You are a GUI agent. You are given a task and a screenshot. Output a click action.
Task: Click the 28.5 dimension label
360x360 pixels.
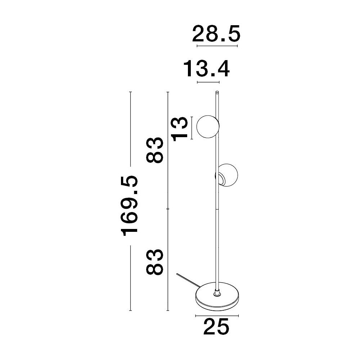pyautogui.click(x=216, y=33)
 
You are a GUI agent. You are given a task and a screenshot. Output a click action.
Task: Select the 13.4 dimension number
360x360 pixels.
pyautogui.click(x=207, y=68)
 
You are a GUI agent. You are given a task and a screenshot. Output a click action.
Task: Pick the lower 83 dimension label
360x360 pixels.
pyautogui.click(x=155, y=262)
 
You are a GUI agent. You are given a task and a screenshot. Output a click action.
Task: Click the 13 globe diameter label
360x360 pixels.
pyautogui.click(x=180, y=129)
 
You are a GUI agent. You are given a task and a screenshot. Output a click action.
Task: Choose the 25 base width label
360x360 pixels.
pyautogui.click(x=216, y=327)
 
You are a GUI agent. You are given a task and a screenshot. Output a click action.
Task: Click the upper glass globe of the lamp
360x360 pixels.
pyautogui.click(x=208, y=127)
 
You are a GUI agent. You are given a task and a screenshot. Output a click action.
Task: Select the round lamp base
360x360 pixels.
pyautogui.click(x=217, y=296)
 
